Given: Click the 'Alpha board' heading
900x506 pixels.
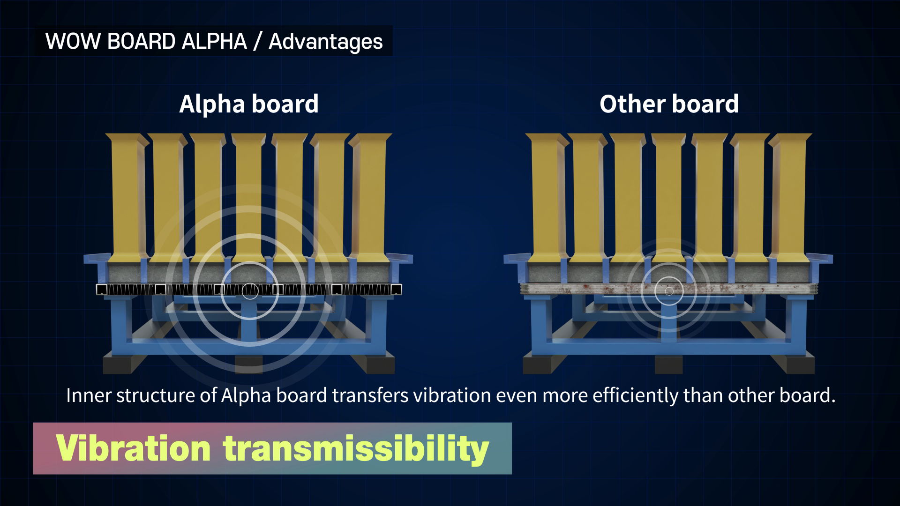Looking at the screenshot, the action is [x=249, y=104].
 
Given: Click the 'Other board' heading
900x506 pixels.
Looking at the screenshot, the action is [x=669, y=104].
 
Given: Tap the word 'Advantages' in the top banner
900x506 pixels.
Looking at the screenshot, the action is [x=326, y=42].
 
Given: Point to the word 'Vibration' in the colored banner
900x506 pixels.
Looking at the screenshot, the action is [x=134, y=448].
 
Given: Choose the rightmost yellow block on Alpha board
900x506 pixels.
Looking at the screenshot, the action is [x=371, y=197].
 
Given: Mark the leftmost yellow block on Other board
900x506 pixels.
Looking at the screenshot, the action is [x=546, y=197].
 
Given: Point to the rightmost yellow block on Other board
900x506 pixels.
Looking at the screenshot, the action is [x=790, y=197].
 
